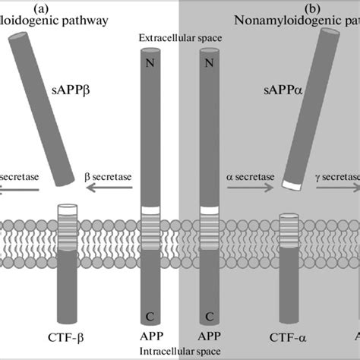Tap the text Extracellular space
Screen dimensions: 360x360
coord(179,38)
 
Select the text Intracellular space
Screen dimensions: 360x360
coord(179,350)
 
